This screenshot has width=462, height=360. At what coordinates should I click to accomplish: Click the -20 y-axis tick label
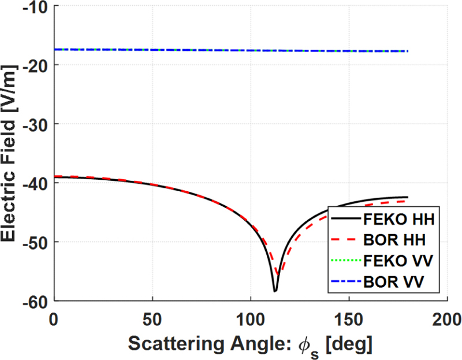pos(36,65)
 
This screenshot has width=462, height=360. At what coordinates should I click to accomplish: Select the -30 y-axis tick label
pos(36,124)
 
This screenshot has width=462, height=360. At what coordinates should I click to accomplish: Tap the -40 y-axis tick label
pos(36,183)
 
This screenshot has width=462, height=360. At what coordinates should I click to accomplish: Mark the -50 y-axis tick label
pos(36,242)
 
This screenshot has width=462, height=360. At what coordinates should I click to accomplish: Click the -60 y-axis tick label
pos(36,300)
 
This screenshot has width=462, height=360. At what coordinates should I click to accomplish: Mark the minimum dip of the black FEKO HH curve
pos(275,291)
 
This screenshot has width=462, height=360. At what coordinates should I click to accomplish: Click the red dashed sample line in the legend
pos(346,239)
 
